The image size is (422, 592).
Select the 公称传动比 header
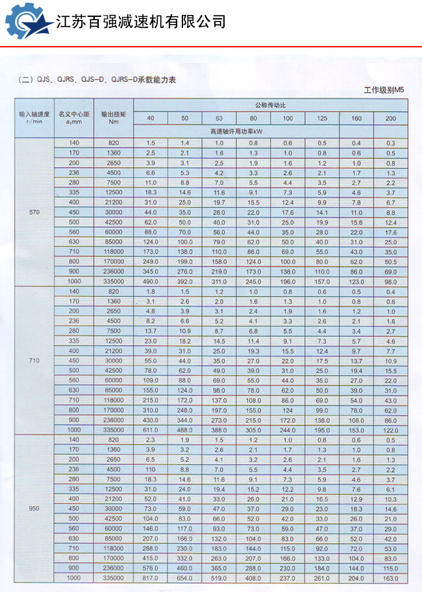pyautogui.click(x=271, y=105)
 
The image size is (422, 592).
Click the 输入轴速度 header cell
pyautogui.click(x=34, y=117)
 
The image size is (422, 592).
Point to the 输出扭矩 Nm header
pyautogui.click(x=114, y=117)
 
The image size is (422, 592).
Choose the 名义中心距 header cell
pyautogui.click(x=73, y=117)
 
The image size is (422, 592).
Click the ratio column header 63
pyautogui.click(x=219, y=118)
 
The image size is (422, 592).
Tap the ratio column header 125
pyautogui.click(x=322, y=118)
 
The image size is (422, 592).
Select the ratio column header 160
pyautogui.click(x=356, y=118)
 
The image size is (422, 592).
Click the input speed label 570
pyautogui.click(x=34, y=213)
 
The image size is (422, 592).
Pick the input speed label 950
pyautogui.click(x=34, y=508)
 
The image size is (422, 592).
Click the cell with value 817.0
pyautogui.click(x=151, y=578)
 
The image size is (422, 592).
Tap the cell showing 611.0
pyautogui.click(x=151, y=430)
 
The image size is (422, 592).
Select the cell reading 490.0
pyautogui.click(x=151, y=281)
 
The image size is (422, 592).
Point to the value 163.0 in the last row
pyautogui.click(x=390, y=578)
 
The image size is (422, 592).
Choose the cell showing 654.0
pyautogui.click(x=185, y=578)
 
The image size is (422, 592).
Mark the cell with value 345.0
pyautogui.click(x=151, y=271)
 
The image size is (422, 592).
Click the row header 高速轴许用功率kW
pyautogui.click(x=253, y=130)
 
